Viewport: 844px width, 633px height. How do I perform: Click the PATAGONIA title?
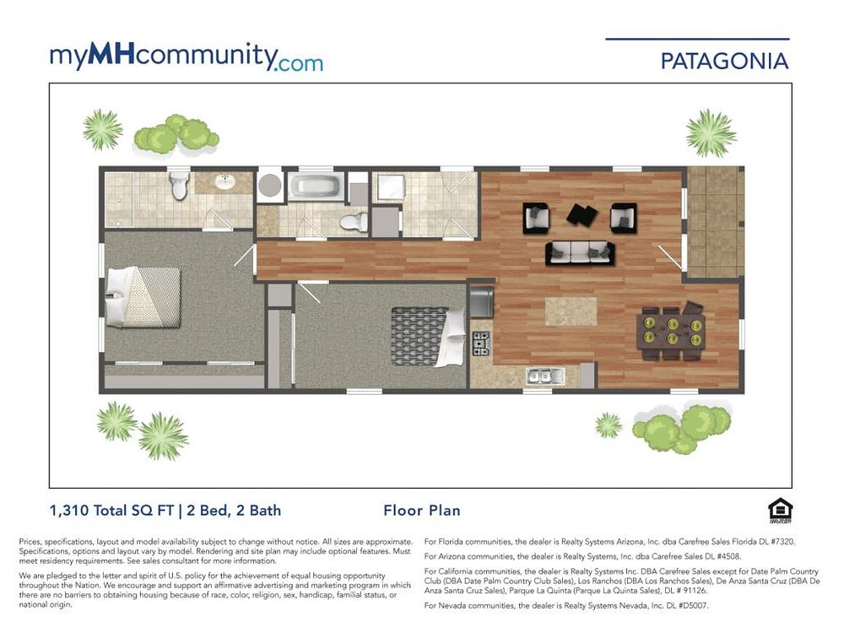coord(724,61)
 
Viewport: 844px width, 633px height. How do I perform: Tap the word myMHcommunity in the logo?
coord(164,56)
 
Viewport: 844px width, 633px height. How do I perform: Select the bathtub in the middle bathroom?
coord(316,187)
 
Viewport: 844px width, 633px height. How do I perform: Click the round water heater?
coord(270,186)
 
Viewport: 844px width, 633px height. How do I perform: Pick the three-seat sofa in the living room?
coord(580,253)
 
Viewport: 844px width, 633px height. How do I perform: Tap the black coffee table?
coord(582,214)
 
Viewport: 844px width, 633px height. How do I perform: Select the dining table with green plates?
coord(671,332)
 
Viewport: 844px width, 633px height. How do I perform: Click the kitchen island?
coord(571,311)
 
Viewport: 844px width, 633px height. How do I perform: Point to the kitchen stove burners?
coord(481,344)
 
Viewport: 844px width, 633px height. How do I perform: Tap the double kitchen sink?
coord(545,376)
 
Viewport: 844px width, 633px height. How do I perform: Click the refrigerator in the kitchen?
coord(481,301)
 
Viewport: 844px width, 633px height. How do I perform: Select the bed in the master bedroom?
coord(143,297)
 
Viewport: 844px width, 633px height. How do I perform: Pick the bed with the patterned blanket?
coord(428,337)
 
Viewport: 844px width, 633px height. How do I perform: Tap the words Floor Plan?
coord(421,511)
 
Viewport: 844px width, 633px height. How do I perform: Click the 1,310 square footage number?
coord(69,511)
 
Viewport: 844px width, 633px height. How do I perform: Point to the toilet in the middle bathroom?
coord(354,221)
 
